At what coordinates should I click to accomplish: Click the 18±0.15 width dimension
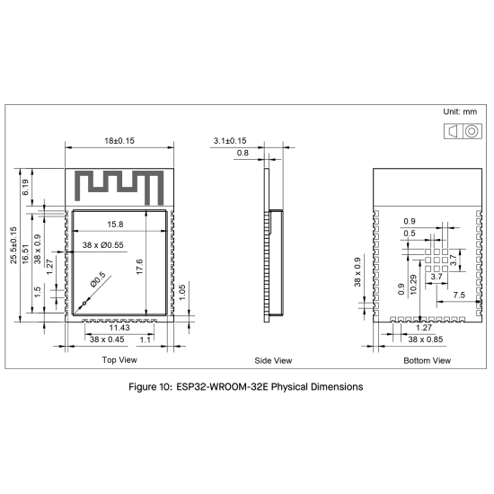coord(119,141)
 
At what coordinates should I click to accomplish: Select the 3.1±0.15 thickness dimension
coord(230,141)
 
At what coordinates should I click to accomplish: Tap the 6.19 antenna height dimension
coord(26,187)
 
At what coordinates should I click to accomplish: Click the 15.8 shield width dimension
coord(116,224)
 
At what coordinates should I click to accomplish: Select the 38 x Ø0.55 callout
coord(102,244)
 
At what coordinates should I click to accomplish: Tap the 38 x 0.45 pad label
coord(107,340)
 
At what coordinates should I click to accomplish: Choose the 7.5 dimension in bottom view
coord(458,295)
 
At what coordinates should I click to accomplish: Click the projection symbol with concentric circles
coord(470,131)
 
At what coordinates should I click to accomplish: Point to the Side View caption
coord(273,360)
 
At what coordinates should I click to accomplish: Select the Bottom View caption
coord(428,360)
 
